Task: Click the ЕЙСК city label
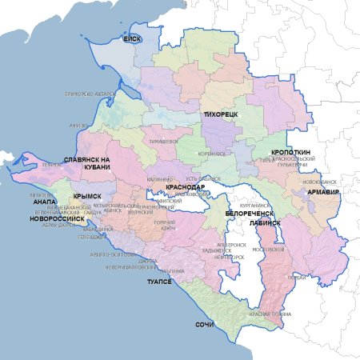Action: (x=132, y=38)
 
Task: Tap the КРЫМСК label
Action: (x=86, y=195)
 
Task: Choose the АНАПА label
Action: (x=45, y=202)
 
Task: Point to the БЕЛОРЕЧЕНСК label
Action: (x=250, y=214)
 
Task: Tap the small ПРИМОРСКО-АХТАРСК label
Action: (x=90, y=94)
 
